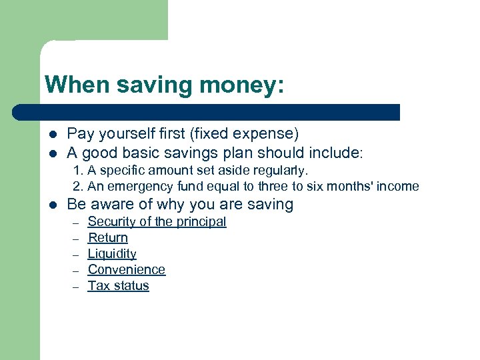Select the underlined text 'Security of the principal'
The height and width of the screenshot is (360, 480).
coord(157,221)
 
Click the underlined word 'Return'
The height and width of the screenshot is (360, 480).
coord(107,237)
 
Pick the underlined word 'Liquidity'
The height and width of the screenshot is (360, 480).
coord(112,253)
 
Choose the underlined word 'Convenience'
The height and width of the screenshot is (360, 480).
coord(126,269)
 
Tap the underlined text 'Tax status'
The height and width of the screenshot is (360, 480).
coord(118,285)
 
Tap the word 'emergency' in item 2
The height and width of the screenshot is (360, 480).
coord(132,187)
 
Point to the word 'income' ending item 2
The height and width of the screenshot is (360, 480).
coord(398,187)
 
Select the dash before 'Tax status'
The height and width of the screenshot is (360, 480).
coord(76,286)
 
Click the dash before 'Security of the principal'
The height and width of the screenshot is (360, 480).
coord(76,222)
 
